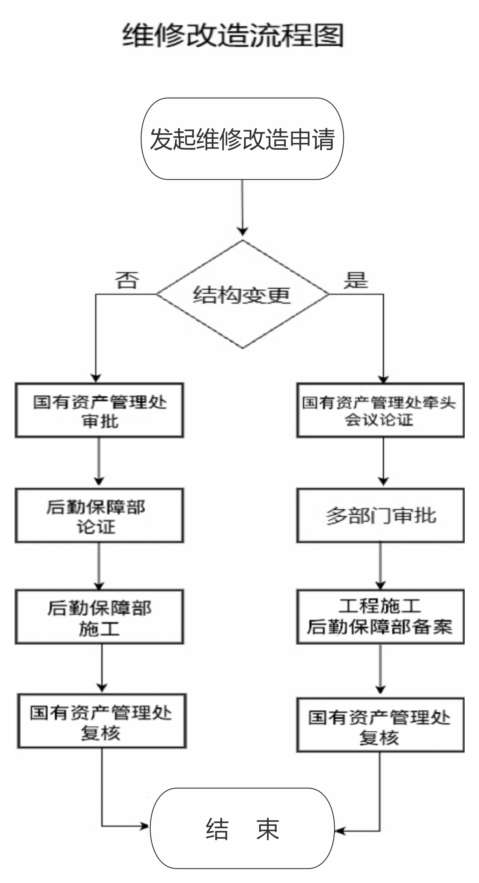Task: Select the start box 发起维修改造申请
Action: pyautogui.click(x=242, y=139)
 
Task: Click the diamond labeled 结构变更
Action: pyautogui.click(x=242, y=294)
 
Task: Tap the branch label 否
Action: pyautogui.click(x=127, y=280)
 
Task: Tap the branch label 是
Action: pyautogui.click(x=356, y=280)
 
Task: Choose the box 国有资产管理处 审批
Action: pyautogui.click(x=99, y=410)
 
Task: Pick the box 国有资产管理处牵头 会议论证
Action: pyautogui.click(x=380, y=410)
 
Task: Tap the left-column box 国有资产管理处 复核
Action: pyautogui.click(x=102, y=721)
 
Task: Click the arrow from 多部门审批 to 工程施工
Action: pyautogui.click(x=380, y=566)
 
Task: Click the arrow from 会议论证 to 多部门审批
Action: pyautogui.click(x=383, y=461)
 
